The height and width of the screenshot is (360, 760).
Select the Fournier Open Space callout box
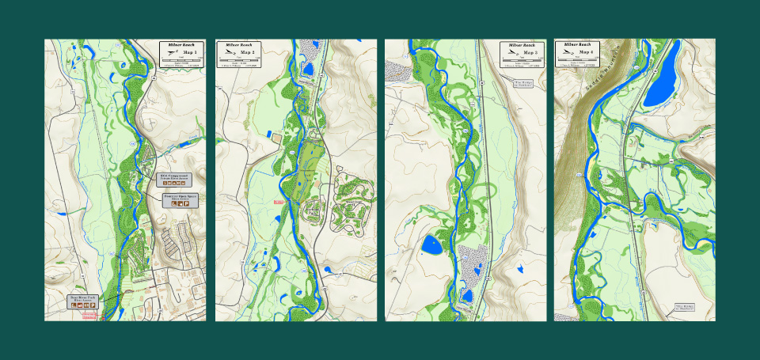[180, 200]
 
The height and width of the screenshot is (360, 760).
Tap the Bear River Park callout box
[82, 301]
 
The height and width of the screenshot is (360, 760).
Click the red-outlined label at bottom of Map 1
[87, 315]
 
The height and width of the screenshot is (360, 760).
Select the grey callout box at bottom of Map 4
[683, 307]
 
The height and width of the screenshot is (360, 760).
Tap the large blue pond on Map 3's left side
[433, 245]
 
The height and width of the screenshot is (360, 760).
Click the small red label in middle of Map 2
[278, 203]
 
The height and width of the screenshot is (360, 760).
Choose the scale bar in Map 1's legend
[181, 59]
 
